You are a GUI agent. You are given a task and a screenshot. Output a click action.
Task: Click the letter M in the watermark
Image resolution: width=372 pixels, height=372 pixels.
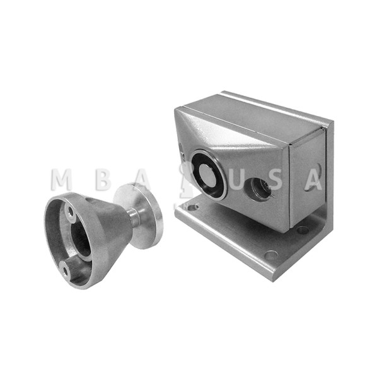pyautogui.click(x=61, y=180)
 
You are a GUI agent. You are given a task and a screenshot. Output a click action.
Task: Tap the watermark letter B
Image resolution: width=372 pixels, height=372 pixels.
pyautogui.click(x=102, y=180)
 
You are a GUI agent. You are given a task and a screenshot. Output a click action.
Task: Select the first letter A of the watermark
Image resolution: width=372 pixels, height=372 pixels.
pyautogui.click(x=143, y=180)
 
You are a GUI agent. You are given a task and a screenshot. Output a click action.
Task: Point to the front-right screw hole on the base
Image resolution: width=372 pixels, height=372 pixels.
pyautogui.click(x=272, y=255)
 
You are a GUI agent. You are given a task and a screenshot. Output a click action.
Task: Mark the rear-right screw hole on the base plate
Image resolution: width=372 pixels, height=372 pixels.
pyautogui.click(x=303, y=230)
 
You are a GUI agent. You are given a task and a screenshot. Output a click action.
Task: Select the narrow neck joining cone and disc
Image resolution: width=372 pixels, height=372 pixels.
pyautogui.click(x=134, y=218)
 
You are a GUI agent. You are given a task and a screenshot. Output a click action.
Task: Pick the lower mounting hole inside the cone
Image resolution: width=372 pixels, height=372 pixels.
pyautogui.click(x=65, y=270)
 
